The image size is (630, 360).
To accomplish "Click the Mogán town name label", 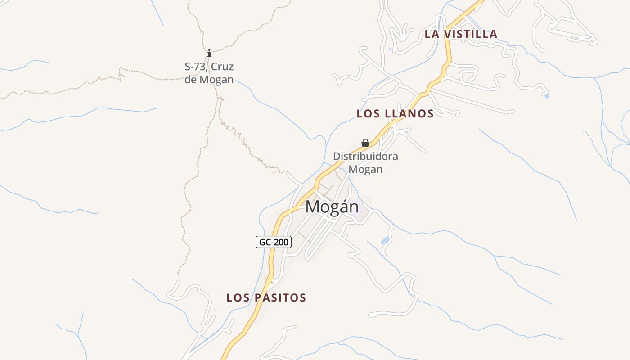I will click(x=332, y=207).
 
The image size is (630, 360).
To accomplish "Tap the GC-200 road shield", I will click(x=274, y=242).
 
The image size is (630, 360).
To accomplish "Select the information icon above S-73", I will click(x=209, y=54).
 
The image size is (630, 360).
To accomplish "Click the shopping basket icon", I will click(x=365, y=143).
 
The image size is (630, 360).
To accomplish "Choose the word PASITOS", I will click(x=280, y=298).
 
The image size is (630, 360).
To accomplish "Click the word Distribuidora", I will click(x=365, y=157).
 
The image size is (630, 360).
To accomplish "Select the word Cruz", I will click(x=222, y=67).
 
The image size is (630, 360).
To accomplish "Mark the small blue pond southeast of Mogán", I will click(x=385, y=240).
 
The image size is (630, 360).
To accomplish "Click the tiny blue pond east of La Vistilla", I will click(x=547, y=96).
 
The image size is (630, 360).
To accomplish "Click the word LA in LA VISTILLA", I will click(x=432, y=34).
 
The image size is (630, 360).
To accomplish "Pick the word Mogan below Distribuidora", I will click(x=365, y=170).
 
